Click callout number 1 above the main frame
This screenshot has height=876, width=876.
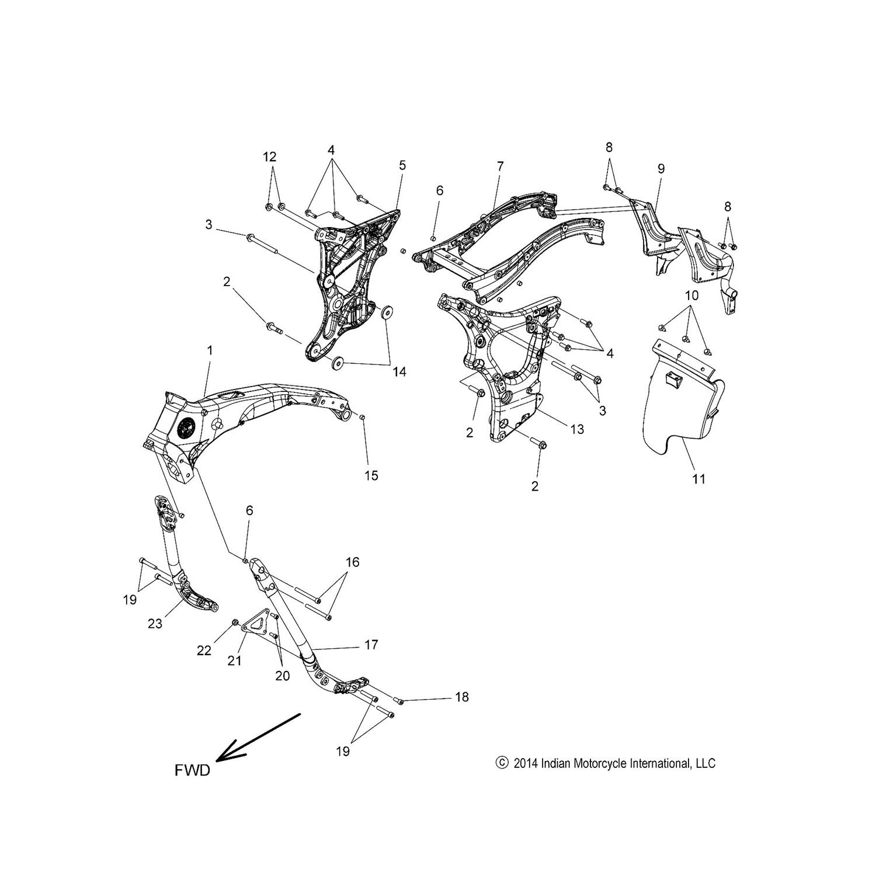tap(210, 350)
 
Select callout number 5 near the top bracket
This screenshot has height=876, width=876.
tap(402, 165)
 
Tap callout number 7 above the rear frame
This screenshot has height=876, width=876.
tap(500, 166)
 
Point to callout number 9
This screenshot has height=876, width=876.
tap(661, 169)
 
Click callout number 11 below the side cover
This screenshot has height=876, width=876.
tap(699, 479)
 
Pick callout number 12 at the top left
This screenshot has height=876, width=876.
tap(269, 157)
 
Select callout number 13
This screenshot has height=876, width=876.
tap(577, 429)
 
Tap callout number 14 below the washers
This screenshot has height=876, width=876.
tap(399, 372)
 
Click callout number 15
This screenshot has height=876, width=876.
tap(371, 475)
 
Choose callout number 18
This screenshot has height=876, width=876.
tap(461, 697)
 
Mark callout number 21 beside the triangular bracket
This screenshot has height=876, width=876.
tap(234, 660)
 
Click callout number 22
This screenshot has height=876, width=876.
tap(204, 651)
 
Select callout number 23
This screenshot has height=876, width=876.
tap(154, 623)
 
